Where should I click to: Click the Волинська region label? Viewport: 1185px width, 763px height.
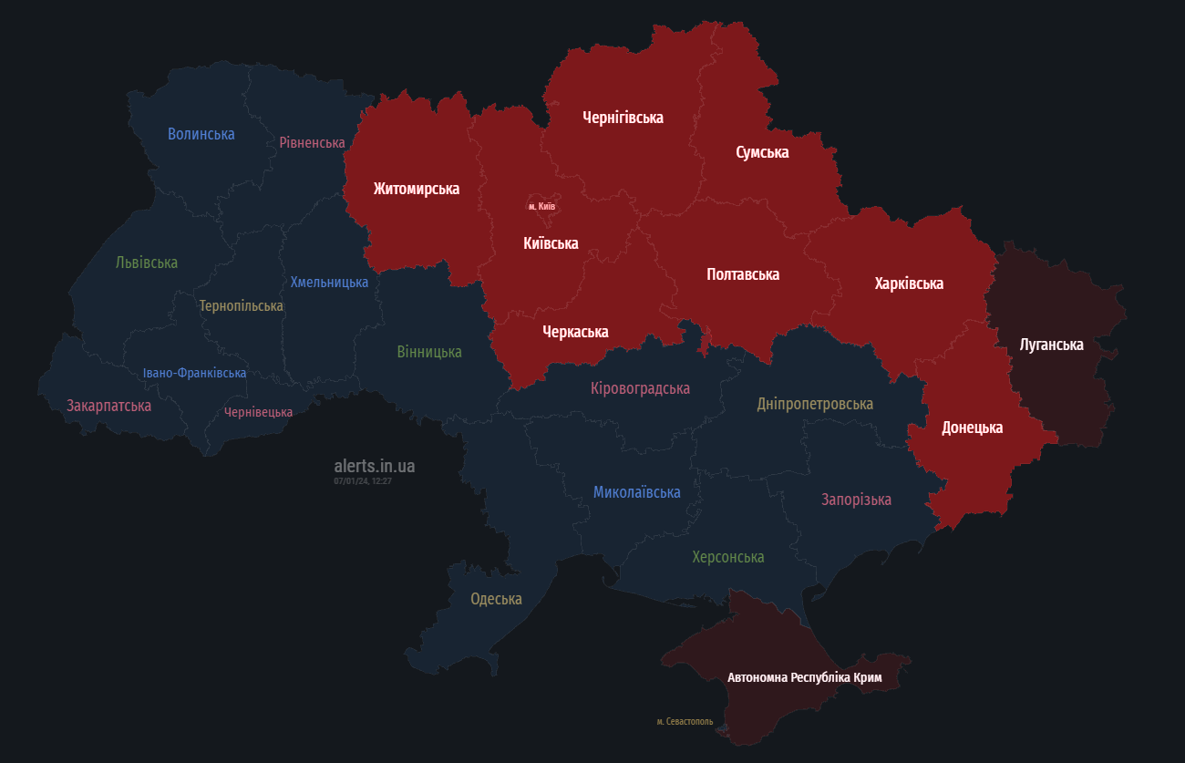click(201, 134)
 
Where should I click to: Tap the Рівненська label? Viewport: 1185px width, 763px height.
click(312, 142)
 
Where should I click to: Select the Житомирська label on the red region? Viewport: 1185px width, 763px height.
click(416, 189)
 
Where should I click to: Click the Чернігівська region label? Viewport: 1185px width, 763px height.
click(623, 118)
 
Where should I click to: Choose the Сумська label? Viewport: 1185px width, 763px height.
click(762, 152)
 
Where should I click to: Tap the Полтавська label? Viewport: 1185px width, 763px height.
click(743, 273)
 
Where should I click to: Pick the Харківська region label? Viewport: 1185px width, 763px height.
click(908, 284)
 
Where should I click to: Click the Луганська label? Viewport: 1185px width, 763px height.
click(1051, 345)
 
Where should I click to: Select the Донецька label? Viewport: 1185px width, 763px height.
click(972, 428)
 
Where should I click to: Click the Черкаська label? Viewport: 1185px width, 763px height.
click(574, 332)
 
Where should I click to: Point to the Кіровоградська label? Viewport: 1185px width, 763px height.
click(640, 388)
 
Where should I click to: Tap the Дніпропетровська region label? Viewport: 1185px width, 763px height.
click(814, 404)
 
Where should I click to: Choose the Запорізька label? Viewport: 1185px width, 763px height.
click(855, 500)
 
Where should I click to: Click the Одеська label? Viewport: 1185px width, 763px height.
click(496, 599)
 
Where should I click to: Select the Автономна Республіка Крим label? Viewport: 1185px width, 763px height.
click(804, 677)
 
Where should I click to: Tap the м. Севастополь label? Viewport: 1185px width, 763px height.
click(685, 721)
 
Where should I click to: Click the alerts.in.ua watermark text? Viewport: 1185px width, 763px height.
click(374, 466)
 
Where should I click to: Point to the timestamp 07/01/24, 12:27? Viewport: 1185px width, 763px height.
click(362, 480)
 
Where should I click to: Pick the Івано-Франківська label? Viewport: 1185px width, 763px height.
click(194, 373)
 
